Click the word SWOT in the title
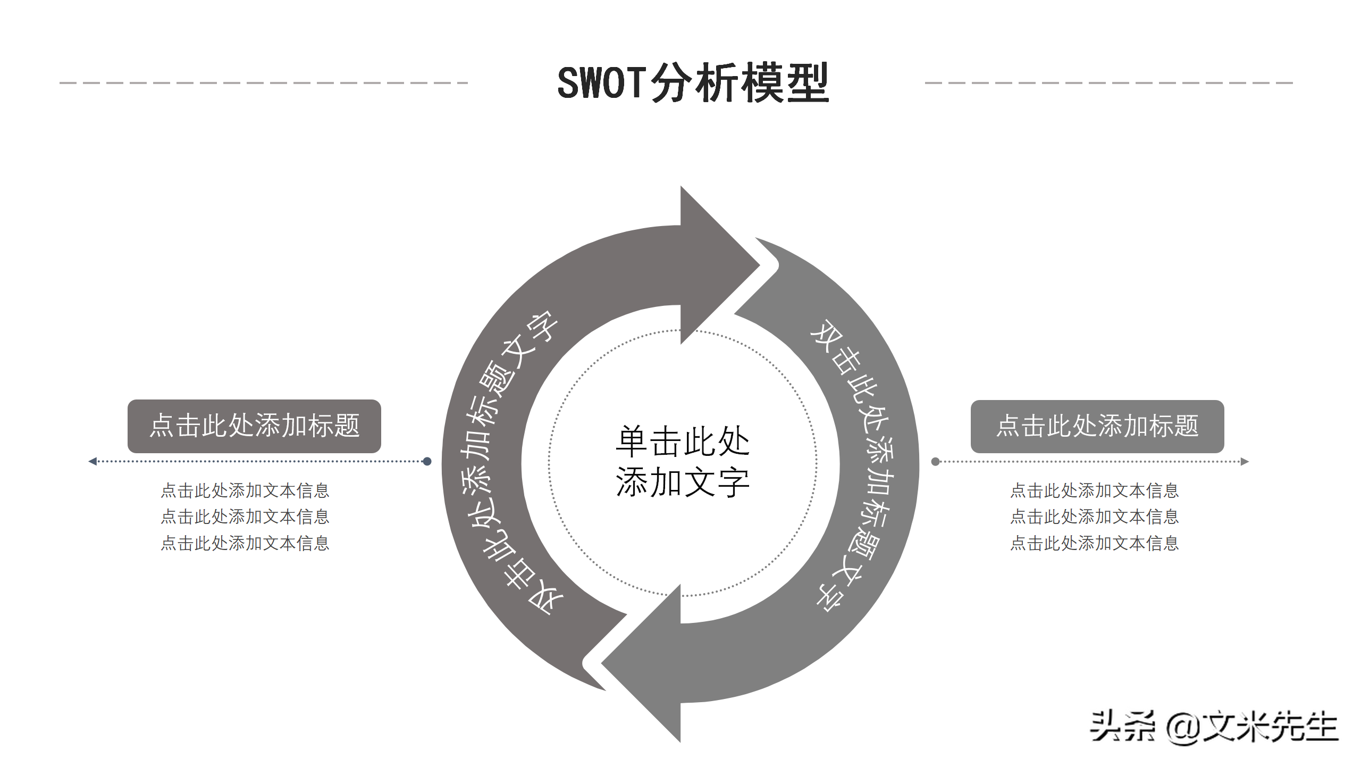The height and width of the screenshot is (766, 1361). (602, 83)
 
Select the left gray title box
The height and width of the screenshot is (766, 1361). (254, 426)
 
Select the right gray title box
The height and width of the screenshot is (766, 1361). (1097, 426)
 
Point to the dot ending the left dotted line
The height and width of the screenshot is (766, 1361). (427, 461)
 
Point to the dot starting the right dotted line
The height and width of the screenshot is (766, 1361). (935, 461)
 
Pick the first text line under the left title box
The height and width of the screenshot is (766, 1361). (245, 490)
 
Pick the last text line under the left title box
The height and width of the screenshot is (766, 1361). (245, 543)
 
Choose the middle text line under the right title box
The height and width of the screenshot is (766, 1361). (1094, 517)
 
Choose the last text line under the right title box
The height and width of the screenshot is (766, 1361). (1094, 543)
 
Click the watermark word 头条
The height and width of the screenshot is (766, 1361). (1122, 727)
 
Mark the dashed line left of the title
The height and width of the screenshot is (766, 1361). (264, 83)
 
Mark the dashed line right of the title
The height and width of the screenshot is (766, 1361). (1109, 83)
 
